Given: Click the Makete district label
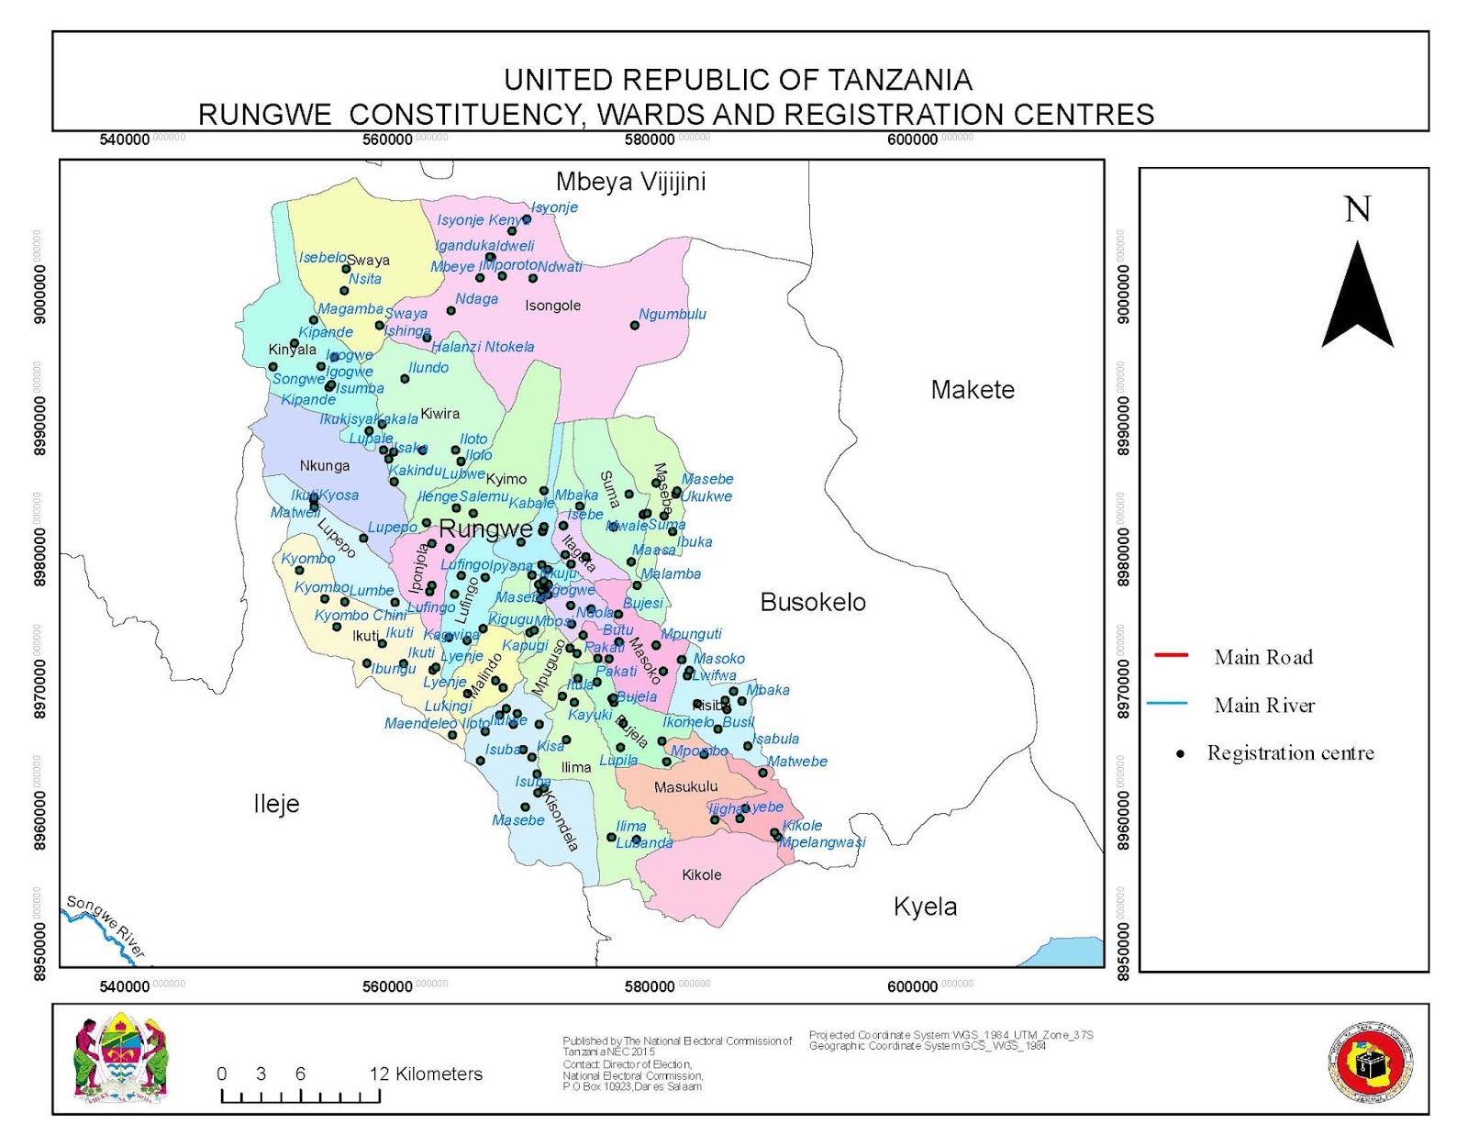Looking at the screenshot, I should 973,390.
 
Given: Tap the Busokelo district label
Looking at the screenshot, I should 813,603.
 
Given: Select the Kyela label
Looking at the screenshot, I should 925,907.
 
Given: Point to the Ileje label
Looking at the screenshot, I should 276,804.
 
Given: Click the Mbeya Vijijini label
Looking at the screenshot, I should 630,182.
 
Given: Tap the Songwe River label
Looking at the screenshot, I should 106,926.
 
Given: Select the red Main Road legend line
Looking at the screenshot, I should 1171,655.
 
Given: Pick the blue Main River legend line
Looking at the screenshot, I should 1167,704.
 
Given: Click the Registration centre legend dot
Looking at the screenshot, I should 1181,754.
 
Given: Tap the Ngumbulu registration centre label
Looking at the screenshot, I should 673,314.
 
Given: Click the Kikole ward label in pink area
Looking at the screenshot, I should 702,875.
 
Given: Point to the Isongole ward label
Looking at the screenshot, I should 552,306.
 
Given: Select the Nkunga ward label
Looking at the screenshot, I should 325,466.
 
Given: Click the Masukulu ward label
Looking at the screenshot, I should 686,787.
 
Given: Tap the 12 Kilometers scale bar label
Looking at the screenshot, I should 426,1074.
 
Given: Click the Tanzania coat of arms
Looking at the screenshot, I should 121,1057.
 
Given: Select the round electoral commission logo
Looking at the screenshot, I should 1371,1063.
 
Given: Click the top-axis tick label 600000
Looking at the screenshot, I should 913,139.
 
